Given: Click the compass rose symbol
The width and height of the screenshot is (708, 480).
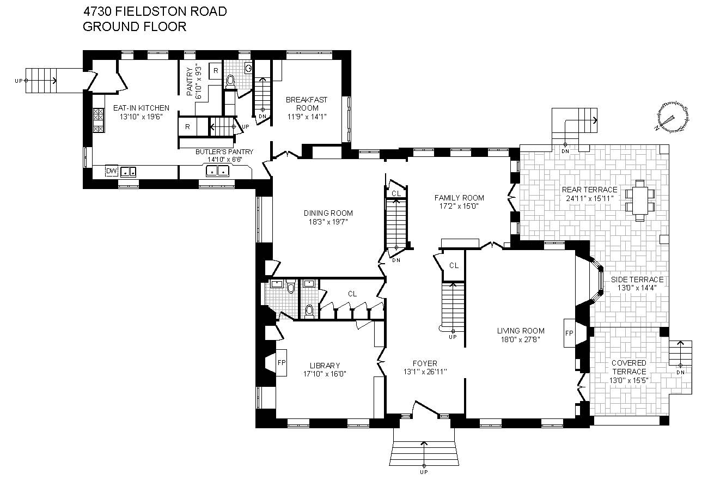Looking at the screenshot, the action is (672, 117).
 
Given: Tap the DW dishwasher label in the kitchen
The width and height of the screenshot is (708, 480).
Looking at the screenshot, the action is (111, 171).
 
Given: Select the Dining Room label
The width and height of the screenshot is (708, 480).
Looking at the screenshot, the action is (328, 213).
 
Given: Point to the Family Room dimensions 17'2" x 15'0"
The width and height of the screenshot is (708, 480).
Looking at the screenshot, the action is (459, 206).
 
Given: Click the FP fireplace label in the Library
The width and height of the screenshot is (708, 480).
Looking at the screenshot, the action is (282, 363).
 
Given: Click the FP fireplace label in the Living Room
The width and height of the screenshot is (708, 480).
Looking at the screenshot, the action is (569, 333).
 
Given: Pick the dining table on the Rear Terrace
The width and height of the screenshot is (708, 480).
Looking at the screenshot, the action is (640, 201).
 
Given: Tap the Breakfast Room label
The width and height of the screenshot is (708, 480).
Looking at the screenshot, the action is (307, 104).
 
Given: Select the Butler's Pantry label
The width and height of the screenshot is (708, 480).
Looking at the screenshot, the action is (224, 152).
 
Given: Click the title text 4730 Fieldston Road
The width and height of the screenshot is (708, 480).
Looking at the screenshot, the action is (155, 11).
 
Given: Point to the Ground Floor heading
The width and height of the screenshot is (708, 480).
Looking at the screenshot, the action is (135, 27).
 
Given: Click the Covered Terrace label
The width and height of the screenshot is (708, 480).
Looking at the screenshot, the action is (629, 367).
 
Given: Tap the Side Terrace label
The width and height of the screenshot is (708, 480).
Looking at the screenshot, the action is (637, 280).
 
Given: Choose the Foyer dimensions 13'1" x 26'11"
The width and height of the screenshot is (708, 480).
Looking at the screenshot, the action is (425, 372).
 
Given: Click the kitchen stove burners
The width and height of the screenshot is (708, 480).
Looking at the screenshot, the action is (98, 120).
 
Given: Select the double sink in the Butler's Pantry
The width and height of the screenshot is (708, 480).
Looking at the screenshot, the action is (217, 171).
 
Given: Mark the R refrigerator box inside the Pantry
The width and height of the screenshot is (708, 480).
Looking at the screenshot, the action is (216, 71).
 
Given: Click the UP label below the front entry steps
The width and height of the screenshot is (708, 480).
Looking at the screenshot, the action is (424, 472).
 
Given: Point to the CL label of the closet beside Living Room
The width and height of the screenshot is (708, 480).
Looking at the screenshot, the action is (454, 266).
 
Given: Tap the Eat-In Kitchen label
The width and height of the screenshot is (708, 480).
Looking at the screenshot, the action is (141, 108).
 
